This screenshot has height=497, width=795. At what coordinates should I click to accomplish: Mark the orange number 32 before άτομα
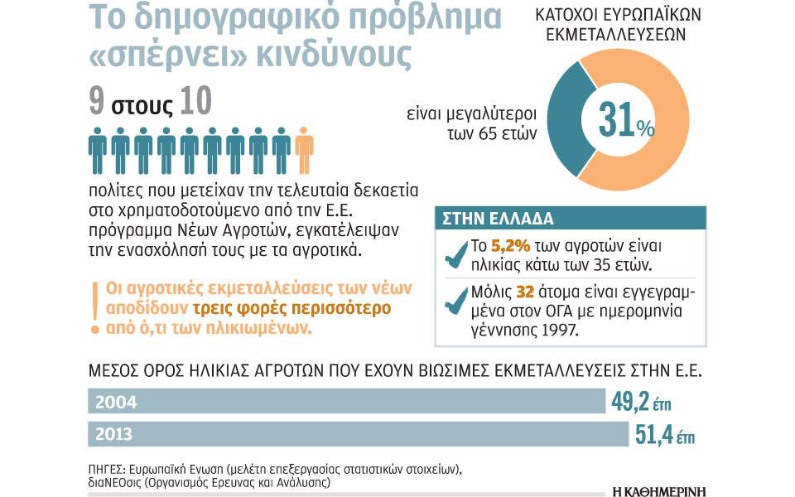[x=524, y=292]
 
